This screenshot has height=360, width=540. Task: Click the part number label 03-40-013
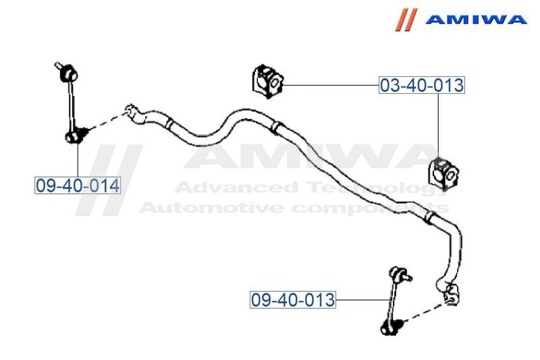(421, 86)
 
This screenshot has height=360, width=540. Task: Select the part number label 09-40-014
(78, 184)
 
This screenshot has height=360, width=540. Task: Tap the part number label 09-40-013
(293, 299)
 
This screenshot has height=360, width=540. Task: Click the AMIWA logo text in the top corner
(475, 20)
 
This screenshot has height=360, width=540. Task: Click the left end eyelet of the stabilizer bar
(132, 111)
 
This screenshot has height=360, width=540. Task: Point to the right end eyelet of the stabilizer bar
(451, 293)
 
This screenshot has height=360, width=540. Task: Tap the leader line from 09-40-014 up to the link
(78, 159)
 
